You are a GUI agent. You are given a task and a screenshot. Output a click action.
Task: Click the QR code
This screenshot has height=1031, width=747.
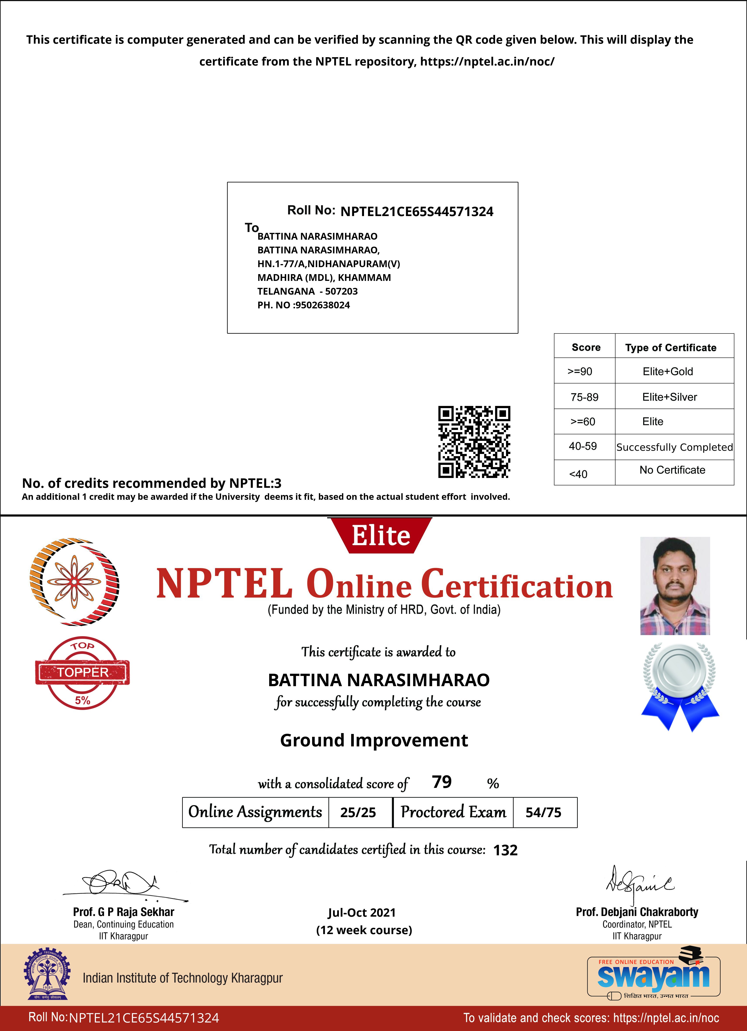474,442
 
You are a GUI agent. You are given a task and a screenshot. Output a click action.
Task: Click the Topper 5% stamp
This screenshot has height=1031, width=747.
82,673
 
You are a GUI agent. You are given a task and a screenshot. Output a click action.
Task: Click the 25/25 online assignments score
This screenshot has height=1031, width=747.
358,812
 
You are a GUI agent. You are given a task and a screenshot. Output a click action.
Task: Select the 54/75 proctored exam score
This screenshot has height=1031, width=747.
544,812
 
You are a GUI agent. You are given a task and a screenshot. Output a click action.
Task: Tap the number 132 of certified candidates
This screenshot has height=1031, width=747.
505,850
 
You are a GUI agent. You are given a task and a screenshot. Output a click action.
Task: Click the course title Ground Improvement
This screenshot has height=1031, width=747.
373,740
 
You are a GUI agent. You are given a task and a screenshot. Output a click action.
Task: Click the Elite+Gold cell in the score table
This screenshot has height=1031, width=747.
667,371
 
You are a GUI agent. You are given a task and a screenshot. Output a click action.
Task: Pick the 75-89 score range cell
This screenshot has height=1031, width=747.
584,397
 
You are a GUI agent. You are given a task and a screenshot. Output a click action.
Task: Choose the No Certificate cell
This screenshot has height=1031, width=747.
672,470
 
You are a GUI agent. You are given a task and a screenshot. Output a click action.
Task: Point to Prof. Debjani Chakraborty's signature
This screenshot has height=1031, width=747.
638,884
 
